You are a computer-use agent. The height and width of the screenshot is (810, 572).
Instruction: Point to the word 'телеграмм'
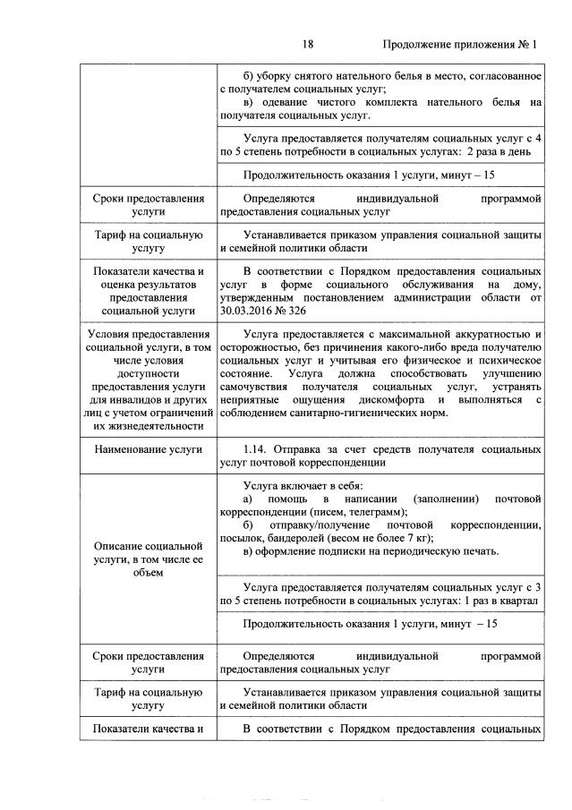pyautogui.click(x=363, y=509)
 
